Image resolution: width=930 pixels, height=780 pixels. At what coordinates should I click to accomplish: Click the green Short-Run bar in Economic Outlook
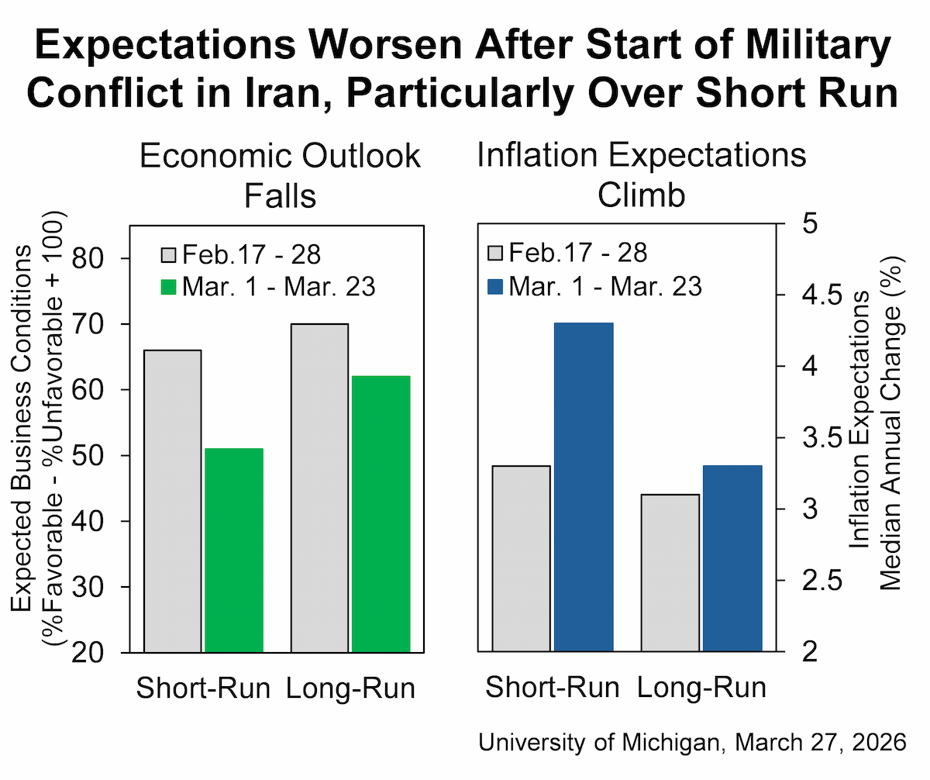click(234, 550)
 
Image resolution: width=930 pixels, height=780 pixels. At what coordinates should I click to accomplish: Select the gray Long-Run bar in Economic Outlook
click(319, 488)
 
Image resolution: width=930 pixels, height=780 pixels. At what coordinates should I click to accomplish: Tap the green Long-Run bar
click(381, 514)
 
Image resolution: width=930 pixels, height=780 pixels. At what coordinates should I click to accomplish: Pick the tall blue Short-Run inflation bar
click(584, 487)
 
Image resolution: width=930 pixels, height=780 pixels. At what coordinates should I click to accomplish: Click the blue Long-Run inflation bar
click(732, 558)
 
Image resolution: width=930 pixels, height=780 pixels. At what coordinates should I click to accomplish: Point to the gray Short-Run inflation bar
click(521, 558)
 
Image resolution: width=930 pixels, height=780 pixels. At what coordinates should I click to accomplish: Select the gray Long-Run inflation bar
click(670, 572)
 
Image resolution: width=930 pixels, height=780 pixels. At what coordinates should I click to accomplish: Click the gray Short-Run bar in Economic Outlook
click(172, 501)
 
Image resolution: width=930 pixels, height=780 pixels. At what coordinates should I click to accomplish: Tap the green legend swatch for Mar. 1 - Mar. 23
click(168, 287)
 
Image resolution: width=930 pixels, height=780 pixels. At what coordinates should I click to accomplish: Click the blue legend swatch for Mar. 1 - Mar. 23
click(495, 287)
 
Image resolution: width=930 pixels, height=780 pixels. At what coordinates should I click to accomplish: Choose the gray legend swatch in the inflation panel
click(495, 253)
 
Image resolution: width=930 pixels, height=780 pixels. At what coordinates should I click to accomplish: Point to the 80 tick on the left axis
click(125, 258)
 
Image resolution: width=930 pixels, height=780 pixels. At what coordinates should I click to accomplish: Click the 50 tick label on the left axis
click(88, 456)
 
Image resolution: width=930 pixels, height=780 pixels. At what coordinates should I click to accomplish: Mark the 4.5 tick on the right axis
click(780, 295)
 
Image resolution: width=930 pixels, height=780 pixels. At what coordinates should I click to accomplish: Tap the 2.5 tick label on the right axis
click(822, 580)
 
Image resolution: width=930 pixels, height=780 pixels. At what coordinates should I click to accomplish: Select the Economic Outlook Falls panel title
click(280, 175)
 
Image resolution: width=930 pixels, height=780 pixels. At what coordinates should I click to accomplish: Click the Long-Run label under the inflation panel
click(701, 687)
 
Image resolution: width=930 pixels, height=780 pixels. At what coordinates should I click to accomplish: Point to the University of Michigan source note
click(692, 742)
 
